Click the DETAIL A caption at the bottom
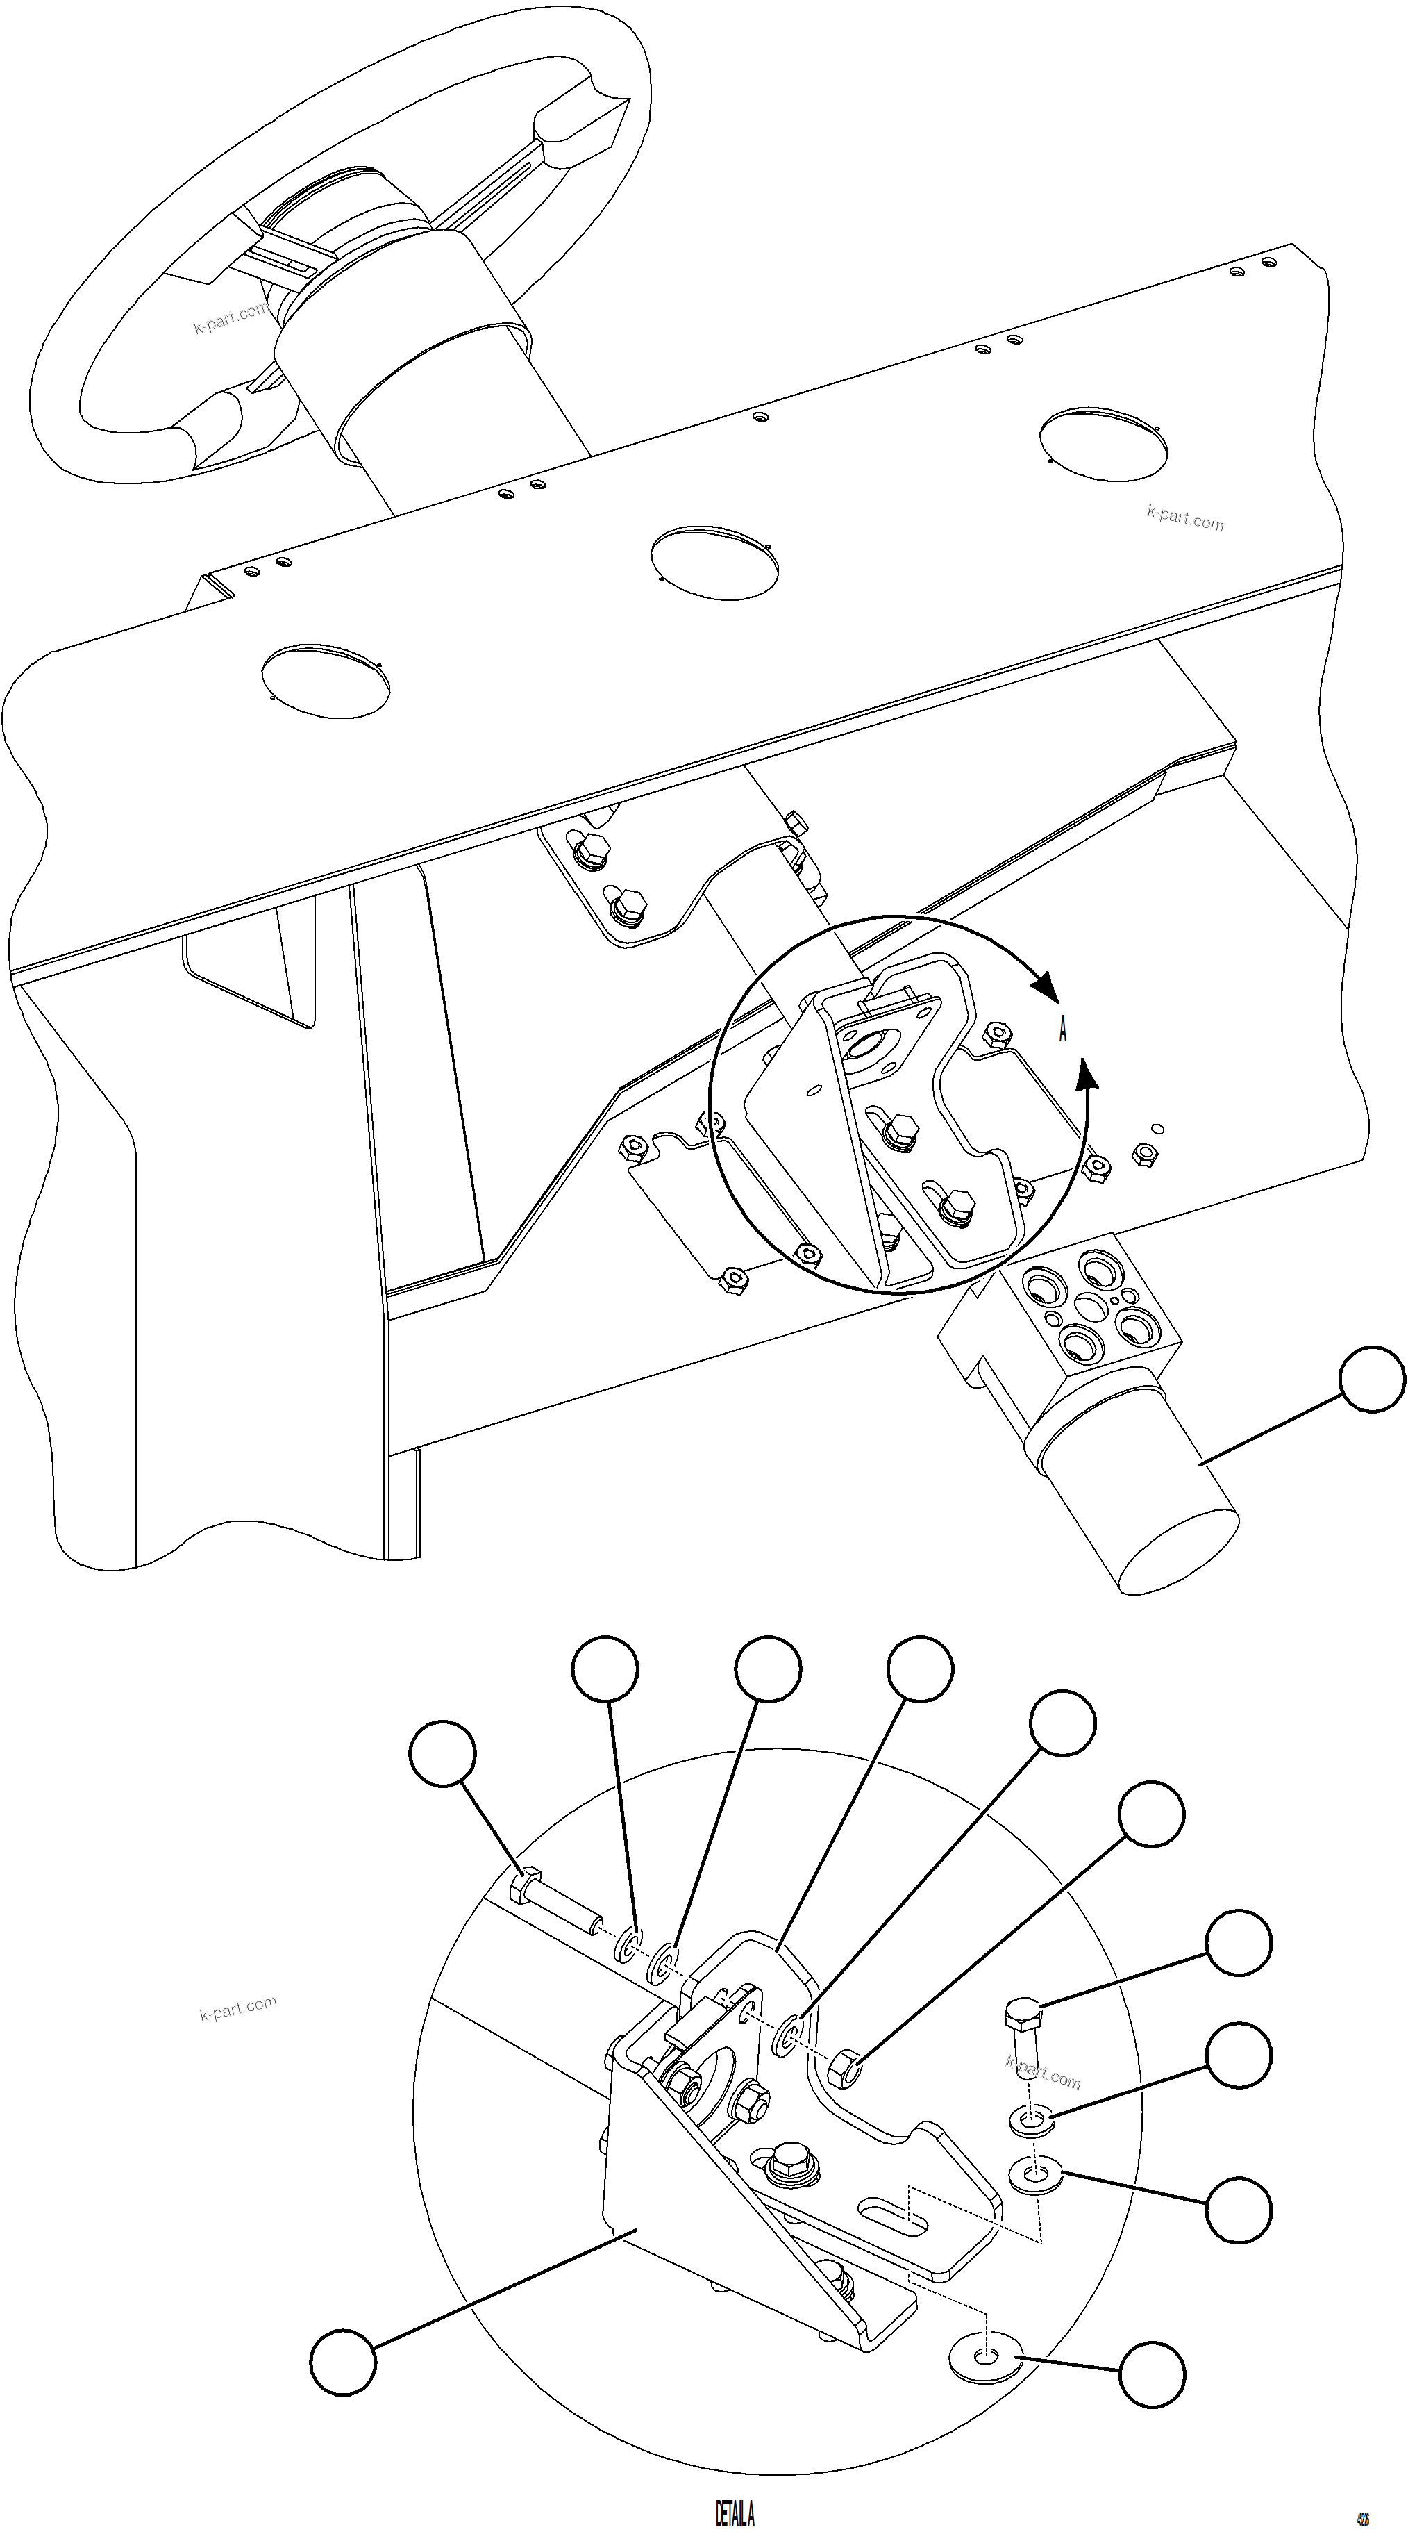tap(735, 2506)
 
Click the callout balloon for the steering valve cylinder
tap(1373, 1380)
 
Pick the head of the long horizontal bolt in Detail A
tap(525, 1886)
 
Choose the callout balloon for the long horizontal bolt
tap(443, 1753)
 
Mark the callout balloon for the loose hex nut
tap(1152, 1814)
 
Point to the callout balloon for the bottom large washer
tap(1152, 2375)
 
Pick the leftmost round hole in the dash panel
tap(325, 680)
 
